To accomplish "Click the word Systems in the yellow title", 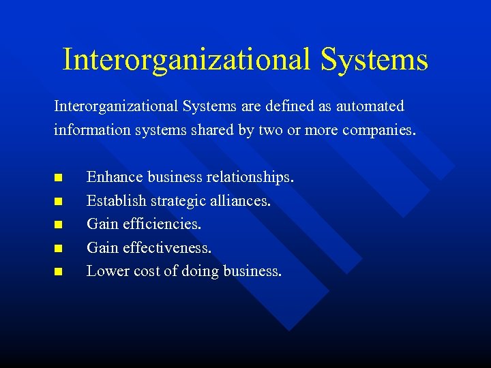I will (x=374, y=59).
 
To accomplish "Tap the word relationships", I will (x=250, y=177).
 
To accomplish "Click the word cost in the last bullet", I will (x=147, y=271).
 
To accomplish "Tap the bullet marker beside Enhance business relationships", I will (x=58, y=178).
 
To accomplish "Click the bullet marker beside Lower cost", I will (x=58, y=272).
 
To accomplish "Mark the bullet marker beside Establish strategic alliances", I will (x=58, y=202).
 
